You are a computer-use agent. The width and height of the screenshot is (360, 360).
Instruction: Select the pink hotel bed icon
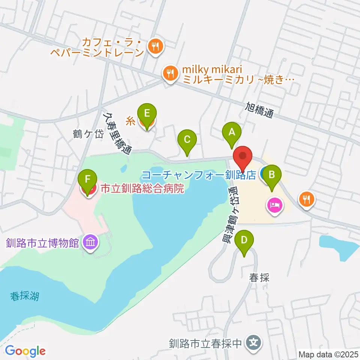[275, 205]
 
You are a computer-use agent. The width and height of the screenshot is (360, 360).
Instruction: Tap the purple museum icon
[90, 243]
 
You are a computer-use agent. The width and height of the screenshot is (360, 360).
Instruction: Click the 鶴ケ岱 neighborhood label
[88, 134]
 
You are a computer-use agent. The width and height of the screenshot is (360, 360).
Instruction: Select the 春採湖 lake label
[25, 297]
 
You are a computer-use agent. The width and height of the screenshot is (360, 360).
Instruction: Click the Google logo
[25, 351]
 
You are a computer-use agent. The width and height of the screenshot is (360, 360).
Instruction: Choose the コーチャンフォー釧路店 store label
[199, 175]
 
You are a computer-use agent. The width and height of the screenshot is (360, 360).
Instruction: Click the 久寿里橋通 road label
[117, 133]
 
